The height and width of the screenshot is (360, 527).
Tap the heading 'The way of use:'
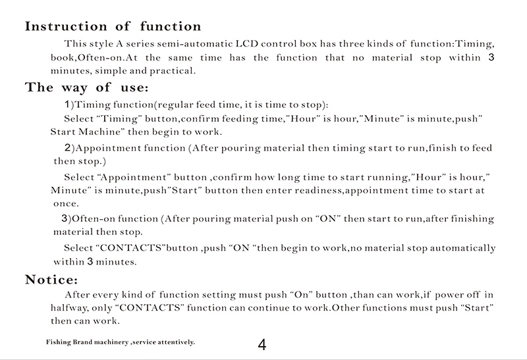click(86, 88)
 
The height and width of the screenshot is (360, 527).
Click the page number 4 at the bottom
click(262, 346)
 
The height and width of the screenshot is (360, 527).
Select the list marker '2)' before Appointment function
click(69, 147)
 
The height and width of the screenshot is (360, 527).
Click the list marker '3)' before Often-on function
click(65, 219)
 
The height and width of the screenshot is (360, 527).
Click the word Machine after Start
click(99, 132)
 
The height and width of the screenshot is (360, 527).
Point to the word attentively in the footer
click(174, 343)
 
